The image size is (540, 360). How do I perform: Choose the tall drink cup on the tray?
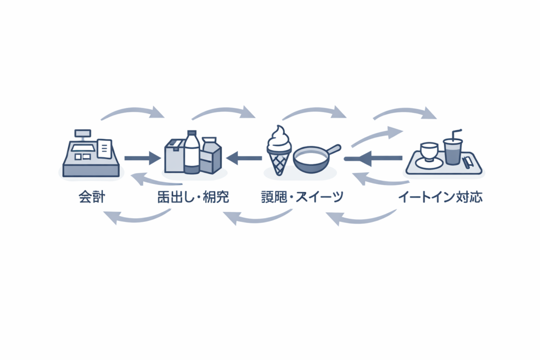coord(452,151)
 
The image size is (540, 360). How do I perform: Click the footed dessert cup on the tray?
coord(428,153)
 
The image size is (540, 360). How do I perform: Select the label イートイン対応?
coord(440,198)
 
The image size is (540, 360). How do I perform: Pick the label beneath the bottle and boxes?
coord(192,198)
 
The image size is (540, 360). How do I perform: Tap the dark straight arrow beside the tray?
coord(373,157)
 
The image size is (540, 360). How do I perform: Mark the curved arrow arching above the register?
coord(132,111)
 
